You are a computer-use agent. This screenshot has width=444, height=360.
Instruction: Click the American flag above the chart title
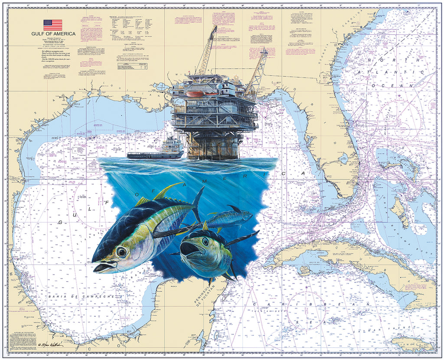pos(52,25)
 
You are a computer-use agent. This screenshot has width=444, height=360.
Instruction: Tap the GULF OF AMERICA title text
pos(53,34)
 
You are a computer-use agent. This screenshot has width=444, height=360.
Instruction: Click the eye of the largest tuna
pos(121,252)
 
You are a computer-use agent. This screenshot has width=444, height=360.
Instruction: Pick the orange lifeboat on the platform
pos(195,94)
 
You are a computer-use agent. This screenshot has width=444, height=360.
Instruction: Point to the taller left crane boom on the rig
pos(208,50)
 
